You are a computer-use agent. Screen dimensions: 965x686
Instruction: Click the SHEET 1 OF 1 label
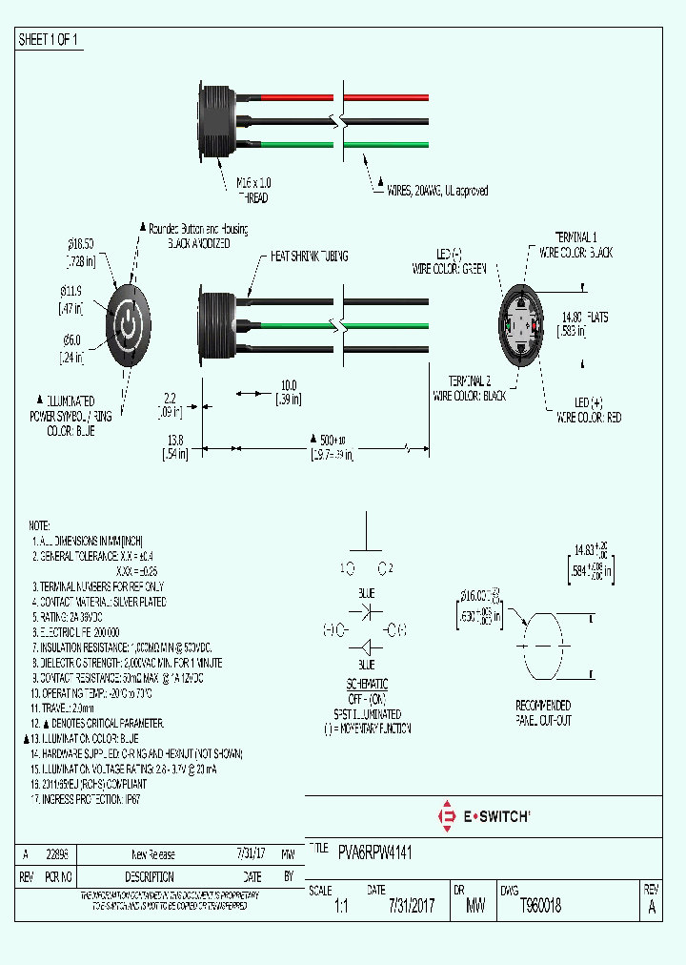point(49,40)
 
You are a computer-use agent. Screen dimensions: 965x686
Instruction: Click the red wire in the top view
point(295,98)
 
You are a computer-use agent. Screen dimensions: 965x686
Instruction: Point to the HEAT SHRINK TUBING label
point(310,257)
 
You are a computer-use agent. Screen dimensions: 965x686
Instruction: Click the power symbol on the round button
point(129,325)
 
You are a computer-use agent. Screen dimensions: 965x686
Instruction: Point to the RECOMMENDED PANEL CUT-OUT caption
point(543,712)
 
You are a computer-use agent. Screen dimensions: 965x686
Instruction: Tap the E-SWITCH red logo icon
point(445,816)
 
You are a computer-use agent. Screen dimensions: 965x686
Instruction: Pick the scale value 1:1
point(341,907)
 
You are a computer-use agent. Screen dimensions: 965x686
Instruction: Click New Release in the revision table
point(152,854)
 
